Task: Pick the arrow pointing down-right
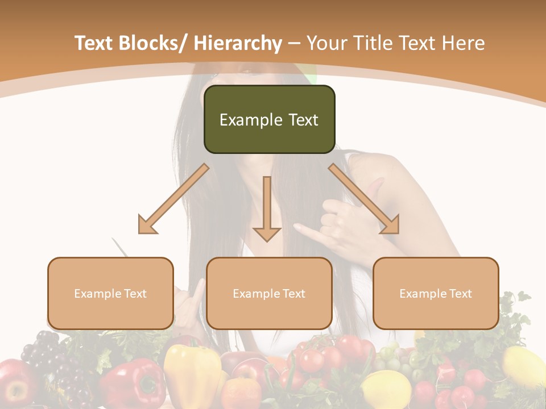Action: [364, 199]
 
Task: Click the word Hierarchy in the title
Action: [238, 43]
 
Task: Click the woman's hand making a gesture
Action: [341, 222]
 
